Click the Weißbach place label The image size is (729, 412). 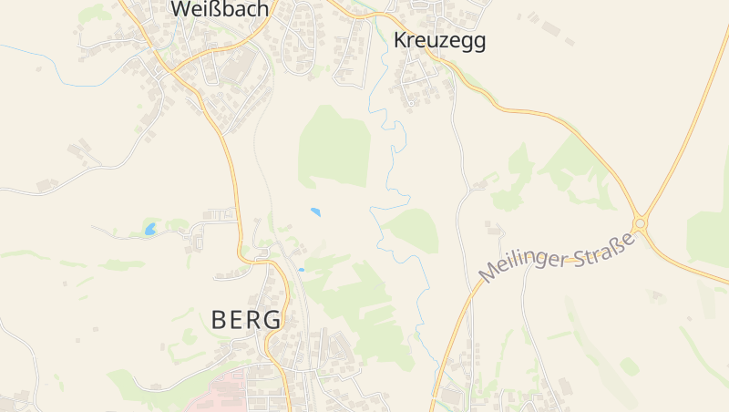220,10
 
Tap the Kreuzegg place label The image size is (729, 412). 439,41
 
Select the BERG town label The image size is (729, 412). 246,320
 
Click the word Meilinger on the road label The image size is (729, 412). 522,265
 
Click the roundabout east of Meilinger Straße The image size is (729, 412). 641,223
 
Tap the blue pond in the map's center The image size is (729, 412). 315,212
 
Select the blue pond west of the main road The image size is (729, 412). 149,229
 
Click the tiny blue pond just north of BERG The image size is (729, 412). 301,270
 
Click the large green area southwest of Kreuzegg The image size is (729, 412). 334,146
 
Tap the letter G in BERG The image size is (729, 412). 273,320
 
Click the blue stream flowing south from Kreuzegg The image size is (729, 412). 394,164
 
